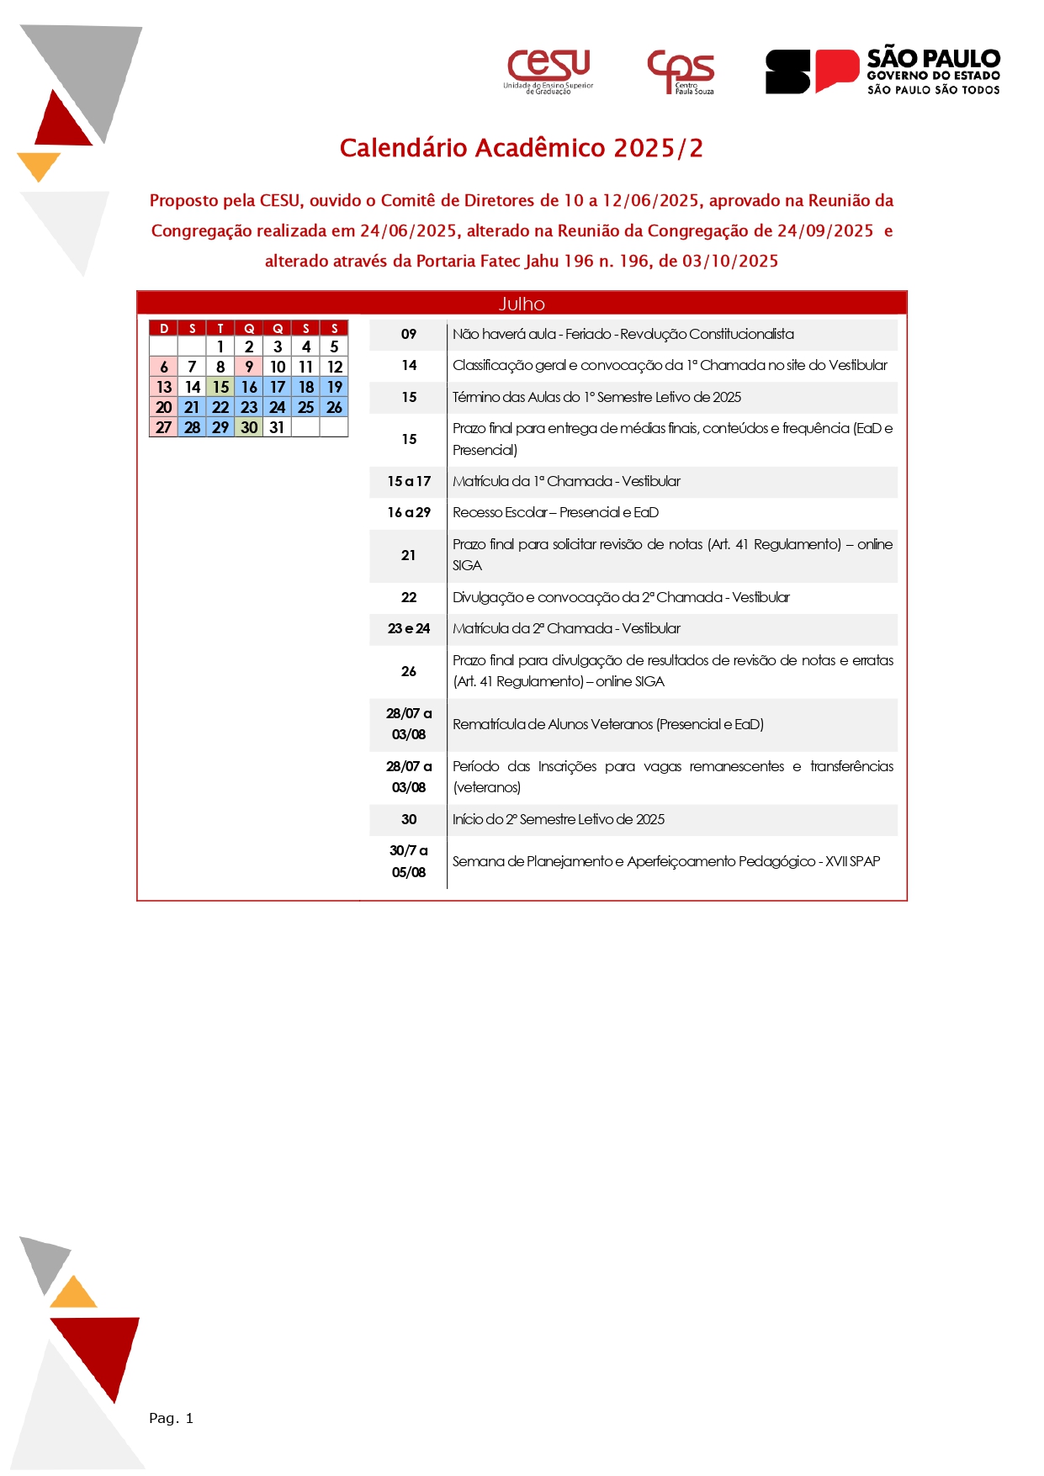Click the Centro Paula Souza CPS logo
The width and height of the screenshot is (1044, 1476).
pyautogui.click(x=681, y=71)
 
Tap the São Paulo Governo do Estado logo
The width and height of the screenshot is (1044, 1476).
pyautogui.click(x=882, y=71)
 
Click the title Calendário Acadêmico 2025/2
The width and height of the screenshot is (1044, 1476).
pyautogui.click(x=521, y=148)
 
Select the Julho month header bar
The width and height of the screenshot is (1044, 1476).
pyautogui.click(x=522, y=304)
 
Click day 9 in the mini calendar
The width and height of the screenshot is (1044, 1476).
pyautogui.click(x=249, y=367)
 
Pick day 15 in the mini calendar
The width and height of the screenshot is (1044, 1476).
pyautogui.click(x=220, y=387)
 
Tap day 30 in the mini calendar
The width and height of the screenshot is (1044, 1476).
pyautogui.click(x=249, y=427)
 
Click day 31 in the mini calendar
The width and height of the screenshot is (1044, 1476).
pyautogui.click(x=277, y=427)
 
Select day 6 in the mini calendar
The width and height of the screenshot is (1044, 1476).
pyautogui.click(x=164, y=367)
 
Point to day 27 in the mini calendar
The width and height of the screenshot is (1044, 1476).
pyautogui.click(x=164, y=427)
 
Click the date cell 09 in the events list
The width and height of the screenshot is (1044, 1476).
pyautogui.click(x=409, y=335)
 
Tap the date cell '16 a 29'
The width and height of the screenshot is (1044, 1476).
pyautogui.click(x=409, y=513)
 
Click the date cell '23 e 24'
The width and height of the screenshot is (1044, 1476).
pyautogui.click(x=409, y=629)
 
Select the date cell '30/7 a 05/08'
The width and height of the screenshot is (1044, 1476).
pyautogui.click(x=409, y=862)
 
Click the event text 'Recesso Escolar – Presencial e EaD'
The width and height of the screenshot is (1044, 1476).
pyautogui.click(x=555, y=513)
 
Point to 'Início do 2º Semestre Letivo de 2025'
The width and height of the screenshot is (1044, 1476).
pyautogui.click(x=559, y=820)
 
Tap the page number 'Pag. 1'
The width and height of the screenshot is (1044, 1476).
pyautogui.click(x=171, y=1419)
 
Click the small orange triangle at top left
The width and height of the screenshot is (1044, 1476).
pyautogui.click(x=38, y=165)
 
